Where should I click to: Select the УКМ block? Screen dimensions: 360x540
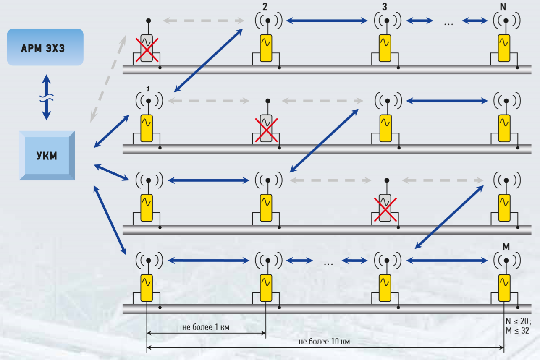(47, 156)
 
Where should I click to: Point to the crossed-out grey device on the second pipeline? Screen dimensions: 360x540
(266, 128)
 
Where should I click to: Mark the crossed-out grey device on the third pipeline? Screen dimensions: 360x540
(385, 208)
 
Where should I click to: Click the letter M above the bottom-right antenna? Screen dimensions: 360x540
(506, 247)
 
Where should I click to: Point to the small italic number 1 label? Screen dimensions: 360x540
(148, 89)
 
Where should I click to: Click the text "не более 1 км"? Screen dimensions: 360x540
(206, 327)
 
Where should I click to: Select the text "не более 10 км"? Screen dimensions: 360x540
(324, 341)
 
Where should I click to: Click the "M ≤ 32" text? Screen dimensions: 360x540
(517, 331)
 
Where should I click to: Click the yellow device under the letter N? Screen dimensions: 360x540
(504, 48)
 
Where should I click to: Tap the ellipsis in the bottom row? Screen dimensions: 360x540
(329, 264)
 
